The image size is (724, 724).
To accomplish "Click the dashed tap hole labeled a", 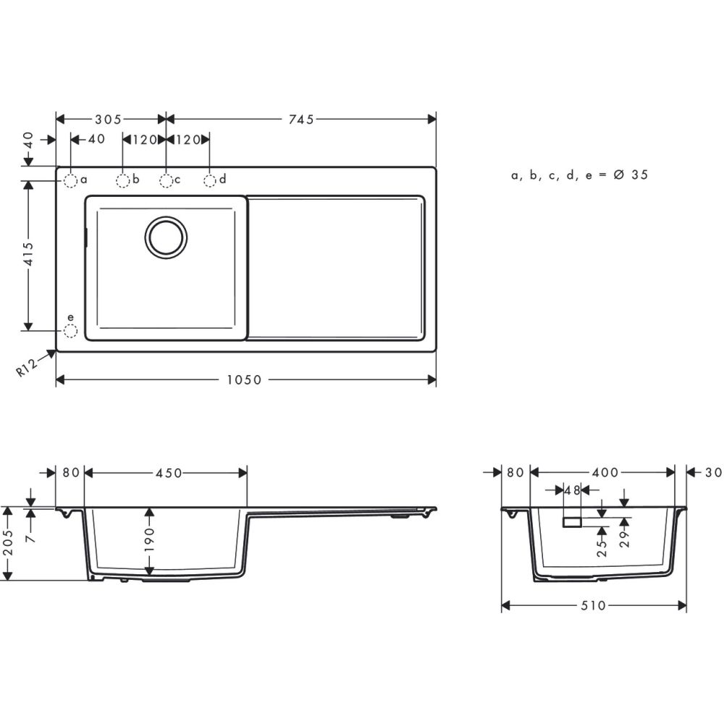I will click(x=70, y=180).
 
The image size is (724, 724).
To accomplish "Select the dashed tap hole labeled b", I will click(x=123, y=180).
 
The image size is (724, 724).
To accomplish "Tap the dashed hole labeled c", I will click(x=167, y=180).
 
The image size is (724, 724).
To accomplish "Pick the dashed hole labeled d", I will click(x=209, y=180).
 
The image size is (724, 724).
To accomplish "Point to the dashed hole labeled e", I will click(x=70, y=331).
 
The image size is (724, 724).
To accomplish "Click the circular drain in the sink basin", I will click(x=166, y=236).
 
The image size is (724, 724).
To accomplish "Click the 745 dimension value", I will click(x=300, y=119).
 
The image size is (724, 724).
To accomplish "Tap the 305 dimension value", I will click(x=107, y=119).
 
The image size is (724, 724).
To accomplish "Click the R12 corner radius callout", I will click(x=27, y=368).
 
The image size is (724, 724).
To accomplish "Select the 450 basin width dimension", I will click(x=167, y=473).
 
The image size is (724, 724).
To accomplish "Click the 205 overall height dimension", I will click(x=9, y=544).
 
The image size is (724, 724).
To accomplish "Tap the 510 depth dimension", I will click(x=592, y=605).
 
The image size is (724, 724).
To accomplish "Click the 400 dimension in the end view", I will click(x=604, y=473).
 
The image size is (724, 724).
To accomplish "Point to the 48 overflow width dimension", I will click(x=572, y=491).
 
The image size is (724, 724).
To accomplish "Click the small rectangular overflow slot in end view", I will click(x=572, y=523).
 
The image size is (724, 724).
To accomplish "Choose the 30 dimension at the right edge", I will click(x=713, y=473).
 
